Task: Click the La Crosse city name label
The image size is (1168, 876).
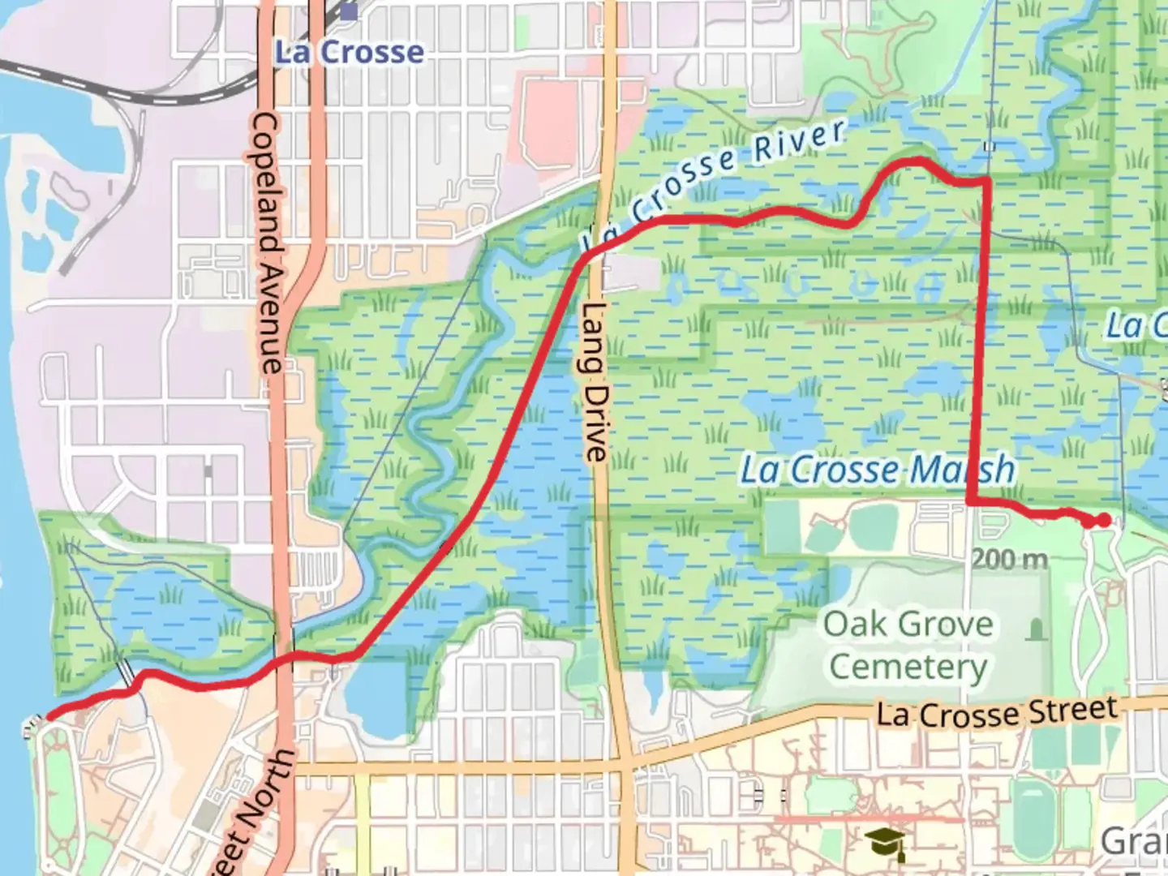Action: pyautogui.click(x=349, y=53)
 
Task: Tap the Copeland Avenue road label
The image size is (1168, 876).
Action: pyautogui.click(x=268, y=243)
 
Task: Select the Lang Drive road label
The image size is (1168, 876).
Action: pyautogui.click(x=595, y=381)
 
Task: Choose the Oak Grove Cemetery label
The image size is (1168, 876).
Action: pyautogui.click(x=908, y=646)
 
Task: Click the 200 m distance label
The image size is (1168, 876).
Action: pyautogui.click(x=1009, y=559)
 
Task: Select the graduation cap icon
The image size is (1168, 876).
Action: pyautogui.click(x=884, y=844)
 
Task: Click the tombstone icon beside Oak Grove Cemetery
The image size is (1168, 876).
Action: pyautogui.click(x=1035, y=629)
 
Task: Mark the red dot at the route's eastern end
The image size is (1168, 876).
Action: pyautogui.click(x=1103, y=520)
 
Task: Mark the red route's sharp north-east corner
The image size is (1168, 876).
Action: pyautogui.click(x=986, y=181)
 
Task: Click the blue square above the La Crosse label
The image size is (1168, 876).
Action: pyautogui.click(x=349, y=11)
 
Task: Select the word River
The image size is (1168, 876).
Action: pyautogui.click(x=799, y=140)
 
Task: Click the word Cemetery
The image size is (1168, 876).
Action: pyautogui.click(x=908, y=668)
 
